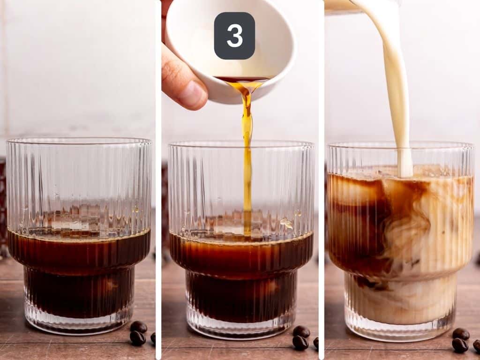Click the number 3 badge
click(234, 36)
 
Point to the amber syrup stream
click(247, 155)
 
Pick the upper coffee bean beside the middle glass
click(301, 331)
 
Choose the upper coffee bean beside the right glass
click(461, 334)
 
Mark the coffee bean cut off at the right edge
click(477, 346)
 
